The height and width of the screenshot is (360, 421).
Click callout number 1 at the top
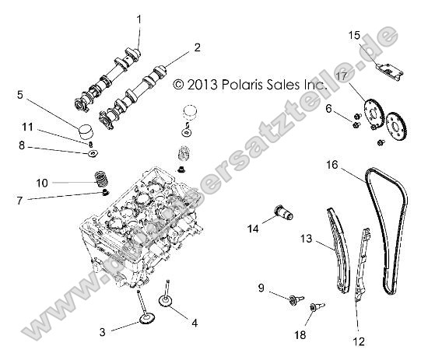coord(139,18)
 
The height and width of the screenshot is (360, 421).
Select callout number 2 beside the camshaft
coord(197,47)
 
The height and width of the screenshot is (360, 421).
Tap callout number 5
coord(19,95)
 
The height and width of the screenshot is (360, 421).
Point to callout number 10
coord(20,183)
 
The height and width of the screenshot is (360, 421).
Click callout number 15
coord(354,36)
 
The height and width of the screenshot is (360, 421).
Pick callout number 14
coord(252,228)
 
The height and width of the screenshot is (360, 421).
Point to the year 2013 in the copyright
coord(200,82)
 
